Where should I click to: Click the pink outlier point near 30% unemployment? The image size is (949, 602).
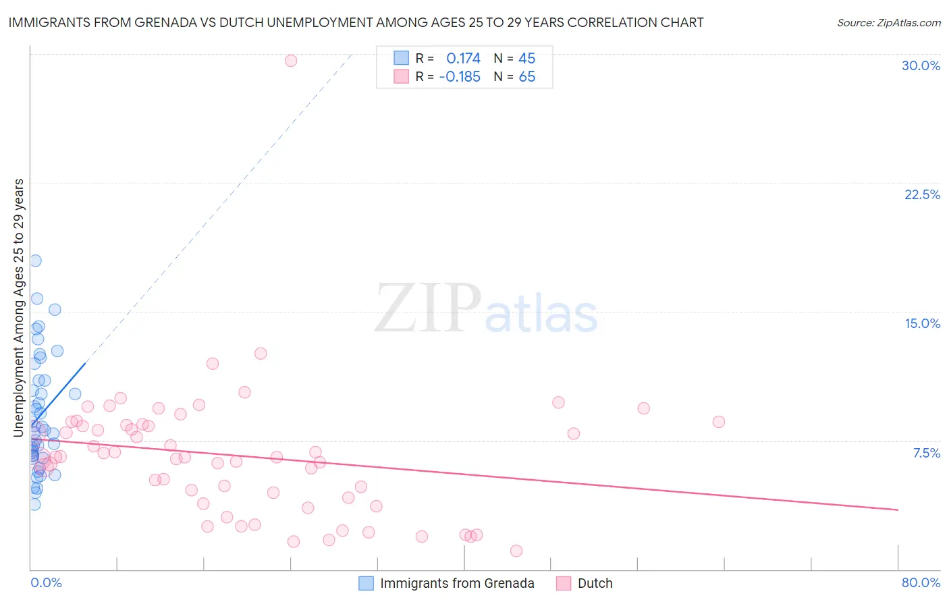[291, 61]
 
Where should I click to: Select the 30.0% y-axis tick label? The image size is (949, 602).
[921, 65]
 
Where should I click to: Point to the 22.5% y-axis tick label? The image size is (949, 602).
[922, 194]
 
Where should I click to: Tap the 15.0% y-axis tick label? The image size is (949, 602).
[922, 323]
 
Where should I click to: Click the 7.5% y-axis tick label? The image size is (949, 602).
[926, 453]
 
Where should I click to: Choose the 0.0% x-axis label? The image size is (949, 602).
[46, 582]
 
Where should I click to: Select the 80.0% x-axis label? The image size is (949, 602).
[921, 582]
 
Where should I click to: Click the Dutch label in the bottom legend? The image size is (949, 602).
[595, 583]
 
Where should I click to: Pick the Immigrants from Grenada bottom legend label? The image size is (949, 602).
[457, 583]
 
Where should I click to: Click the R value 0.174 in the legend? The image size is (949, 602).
[463, 59]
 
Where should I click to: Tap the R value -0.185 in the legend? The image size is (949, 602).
[460, 77]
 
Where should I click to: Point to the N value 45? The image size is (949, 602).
[526, 59]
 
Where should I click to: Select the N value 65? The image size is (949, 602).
[526, 77]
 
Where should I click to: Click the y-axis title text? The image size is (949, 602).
[19, 307]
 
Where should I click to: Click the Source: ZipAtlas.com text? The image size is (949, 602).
[888, 23]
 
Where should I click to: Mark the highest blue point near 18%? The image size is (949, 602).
[35, 261]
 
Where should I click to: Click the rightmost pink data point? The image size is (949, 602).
[718, 422]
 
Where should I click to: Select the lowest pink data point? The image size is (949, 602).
[516, 551]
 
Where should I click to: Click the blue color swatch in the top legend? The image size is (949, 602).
[402, 58]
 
